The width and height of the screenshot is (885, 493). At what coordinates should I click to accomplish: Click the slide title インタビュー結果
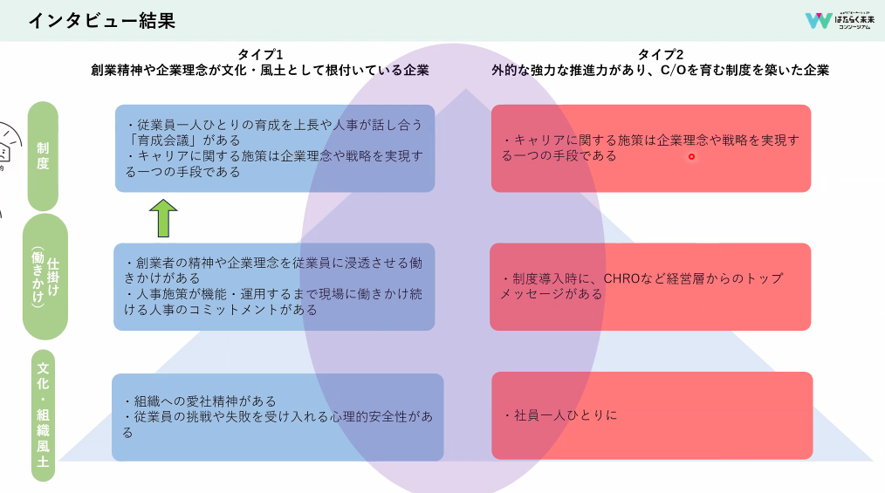point(101,21)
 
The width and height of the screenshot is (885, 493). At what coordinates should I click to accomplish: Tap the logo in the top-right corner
point(840,20)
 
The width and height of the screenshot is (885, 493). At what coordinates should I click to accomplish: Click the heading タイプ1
point(259,55)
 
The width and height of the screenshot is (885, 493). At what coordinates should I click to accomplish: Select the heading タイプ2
point(660,55)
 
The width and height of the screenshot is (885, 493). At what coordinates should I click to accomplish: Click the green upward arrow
point(163,218)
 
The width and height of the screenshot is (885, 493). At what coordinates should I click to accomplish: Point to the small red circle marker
point(691,157)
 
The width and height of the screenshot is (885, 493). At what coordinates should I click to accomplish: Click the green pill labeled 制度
point(43,156)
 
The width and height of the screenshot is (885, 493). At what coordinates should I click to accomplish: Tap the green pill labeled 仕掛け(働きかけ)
point(45,277)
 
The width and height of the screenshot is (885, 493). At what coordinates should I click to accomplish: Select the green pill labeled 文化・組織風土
point(43,415)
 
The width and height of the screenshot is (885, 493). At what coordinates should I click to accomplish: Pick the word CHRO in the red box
point(621,278)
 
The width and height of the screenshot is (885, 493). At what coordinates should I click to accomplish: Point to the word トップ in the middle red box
point(765,278)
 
